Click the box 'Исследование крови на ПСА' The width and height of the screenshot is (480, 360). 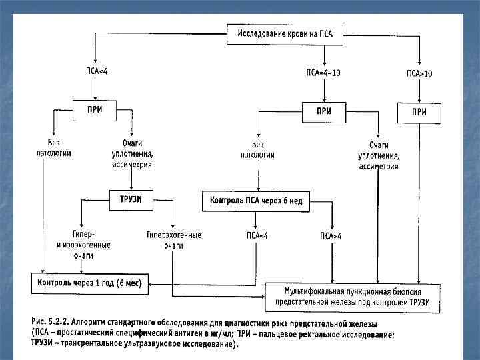(285, 35)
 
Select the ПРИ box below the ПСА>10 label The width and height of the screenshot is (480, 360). (419, 113)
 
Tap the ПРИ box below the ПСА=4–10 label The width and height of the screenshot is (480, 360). (324, 112)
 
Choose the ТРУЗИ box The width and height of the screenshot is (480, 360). (131, 199)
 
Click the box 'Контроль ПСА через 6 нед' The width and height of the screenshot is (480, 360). (256, 201)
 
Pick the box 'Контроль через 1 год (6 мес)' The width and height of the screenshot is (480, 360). (90, 283)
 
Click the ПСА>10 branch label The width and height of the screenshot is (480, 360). (419, 73)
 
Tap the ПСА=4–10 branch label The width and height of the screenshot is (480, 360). (323, 73)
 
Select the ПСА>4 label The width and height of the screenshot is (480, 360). (331, 236)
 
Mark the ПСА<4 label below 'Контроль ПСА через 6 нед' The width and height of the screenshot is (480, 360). (257, 235)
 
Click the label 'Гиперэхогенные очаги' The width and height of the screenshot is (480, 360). (174, 241)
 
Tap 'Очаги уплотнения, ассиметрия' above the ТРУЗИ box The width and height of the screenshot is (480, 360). (132, 154)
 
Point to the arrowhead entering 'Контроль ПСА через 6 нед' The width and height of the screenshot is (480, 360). (257, 189)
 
